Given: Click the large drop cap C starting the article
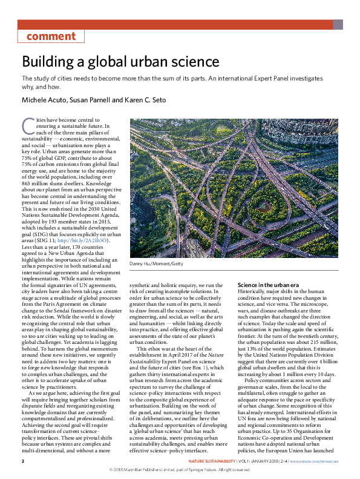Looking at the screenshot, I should click(28, 125).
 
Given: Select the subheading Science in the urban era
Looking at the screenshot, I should click(268, 285).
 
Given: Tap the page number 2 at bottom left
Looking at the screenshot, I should click(23, 461).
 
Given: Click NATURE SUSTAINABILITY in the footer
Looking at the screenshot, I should click(211, 461).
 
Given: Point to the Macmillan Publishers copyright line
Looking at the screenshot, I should click(180, 469).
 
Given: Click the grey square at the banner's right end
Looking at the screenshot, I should click(338, 25).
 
